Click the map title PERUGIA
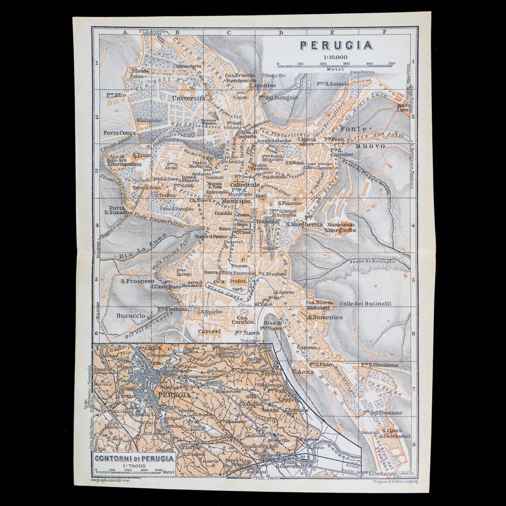(336, 45)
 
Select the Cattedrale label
(245, 185)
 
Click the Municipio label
(240, 201)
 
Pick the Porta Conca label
(120, 133)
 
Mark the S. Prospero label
(137, 281)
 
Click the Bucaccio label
(131, 316)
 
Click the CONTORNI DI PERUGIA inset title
(134, 459)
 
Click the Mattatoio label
(149, 120)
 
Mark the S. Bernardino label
(124, 164)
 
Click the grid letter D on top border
(281, 32)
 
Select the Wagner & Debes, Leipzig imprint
(395, 481)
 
